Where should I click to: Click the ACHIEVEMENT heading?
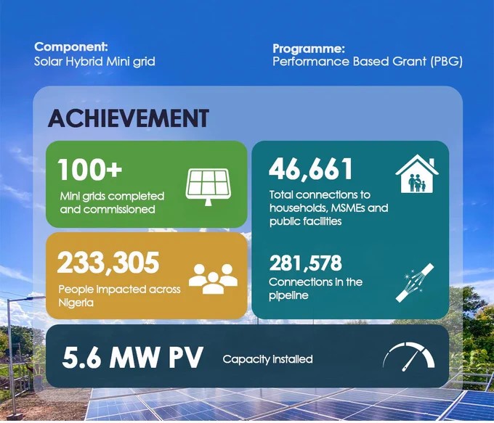[128, 118]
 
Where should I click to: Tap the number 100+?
[90, 169]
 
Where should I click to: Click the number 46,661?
[311, 169]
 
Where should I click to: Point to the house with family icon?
[417, 176]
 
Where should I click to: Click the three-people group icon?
[213, 277]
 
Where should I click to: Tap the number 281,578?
[305, 263]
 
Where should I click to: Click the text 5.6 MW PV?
[133, 359]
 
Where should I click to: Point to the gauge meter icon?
[408, 355]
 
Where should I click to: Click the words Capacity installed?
[267, 359]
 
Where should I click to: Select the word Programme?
[308, 49]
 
